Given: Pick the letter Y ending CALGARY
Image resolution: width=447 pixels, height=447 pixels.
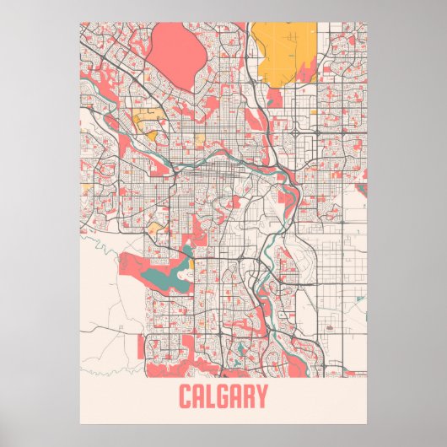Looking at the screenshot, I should point(263,396).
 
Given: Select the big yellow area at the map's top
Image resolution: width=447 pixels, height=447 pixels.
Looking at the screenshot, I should point(283,51).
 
